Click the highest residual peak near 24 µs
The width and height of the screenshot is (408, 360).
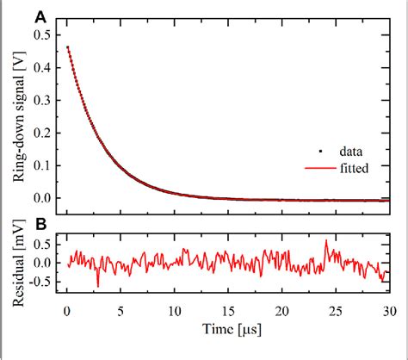click(x=326, y=241)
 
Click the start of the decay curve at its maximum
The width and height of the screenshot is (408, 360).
click(x=69, y=48)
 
